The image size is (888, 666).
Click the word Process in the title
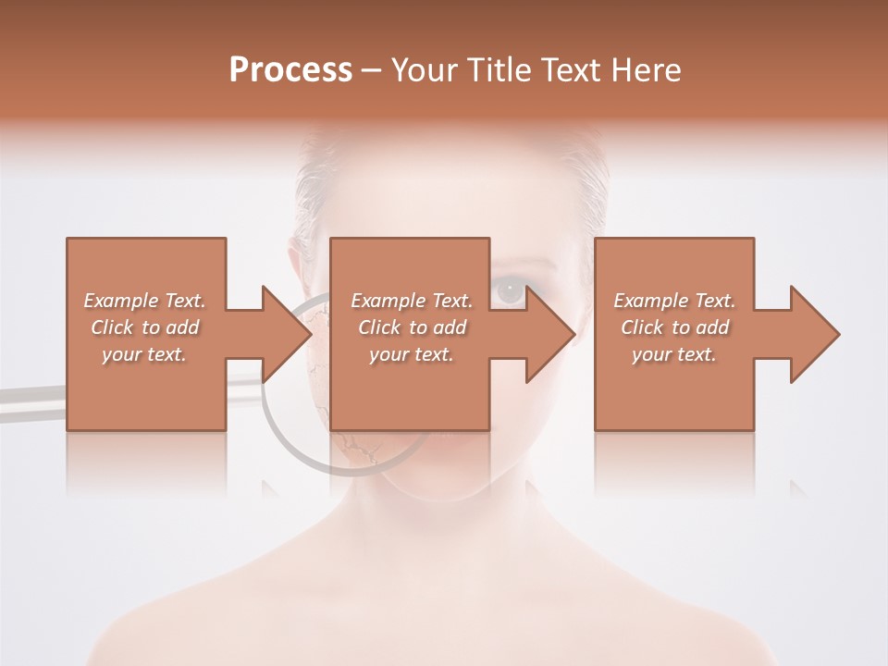point(290,70)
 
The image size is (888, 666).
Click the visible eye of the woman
point(509,292)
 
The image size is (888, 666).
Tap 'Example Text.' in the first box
point(144,301)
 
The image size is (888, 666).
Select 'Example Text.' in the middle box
point(412,301)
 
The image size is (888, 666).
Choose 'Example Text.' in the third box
point(674,301)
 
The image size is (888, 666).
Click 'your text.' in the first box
point(144,354)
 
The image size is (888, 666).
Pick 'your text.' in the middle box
point(412,354)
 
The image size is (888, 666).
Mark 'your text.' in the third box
point(674,354)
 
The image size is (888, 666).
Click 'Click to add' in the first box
point(144,327)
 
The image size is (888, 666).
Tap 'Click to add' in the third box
point(674,327)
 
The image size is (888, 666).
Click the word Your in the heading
point(425,70)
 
